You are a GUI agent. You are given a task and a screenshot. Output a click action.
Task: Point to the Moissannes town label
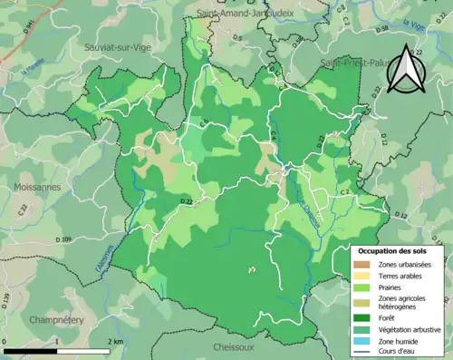point(35,186)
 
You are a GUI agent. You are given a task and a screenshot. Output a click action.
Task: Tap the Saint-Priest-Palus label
point(358,63)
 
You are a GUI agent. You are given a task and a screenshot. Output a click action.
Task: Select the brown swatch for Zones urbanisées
point(367,263)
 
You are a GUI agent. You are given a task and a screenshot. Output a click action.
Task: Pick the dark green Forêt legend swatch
point(367,317)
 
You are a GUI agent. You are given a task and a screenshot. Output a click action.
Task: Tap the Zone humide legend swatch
point(367,341)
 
